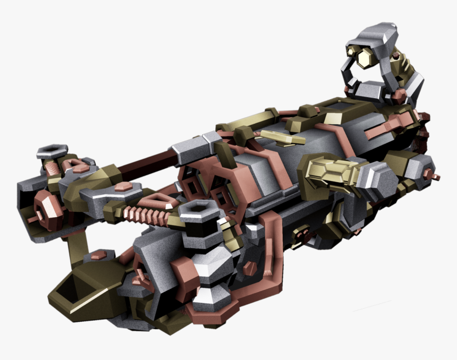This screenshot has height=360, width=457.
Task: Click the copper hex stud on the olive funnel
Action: pyautogui.click(x=98, y=256)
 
